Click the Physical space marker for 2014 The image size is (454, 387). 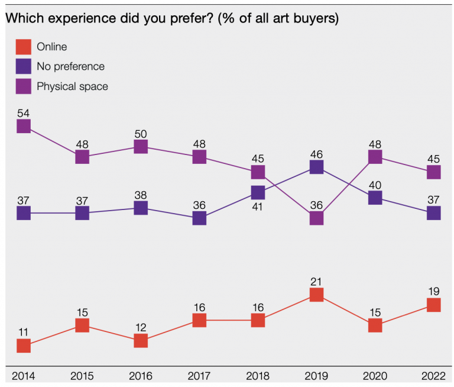[x=24, y=126]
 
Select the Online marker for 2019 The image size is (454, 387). [x=317, y=294]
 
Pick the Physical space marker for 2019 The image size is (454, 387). [x=317, y=218]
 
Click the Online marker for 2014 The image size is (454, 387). [x=24, y=346]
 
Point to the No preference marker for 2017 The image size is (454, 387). [x=199, y=218]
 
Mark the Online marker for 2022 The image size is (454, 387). [x=434, y=305]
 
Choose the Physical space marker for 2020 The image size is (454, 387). [x=375, y=156]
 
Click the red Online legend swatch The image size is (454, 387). [x=23, y=47]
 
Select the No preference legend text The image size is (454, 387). [x=70, y=66]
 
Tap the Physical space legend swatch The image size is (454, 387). [x=23, y=86]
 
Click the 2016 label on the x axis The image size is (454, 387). [x=141, y=376]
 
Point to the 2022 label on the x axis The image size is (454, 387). [x=434, y=376]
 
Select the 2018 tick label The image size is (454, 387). [x=258, y=376]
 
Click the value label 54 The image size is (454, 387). [x=24, y=112]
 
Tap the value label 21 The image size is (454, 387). [x=317, y=280]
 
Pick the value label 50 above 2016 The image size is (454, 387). [x=141, y=133]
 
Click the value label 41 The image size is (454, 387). [x=258, y=207]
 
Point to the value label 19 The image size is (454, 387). [x=434, y=291]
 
